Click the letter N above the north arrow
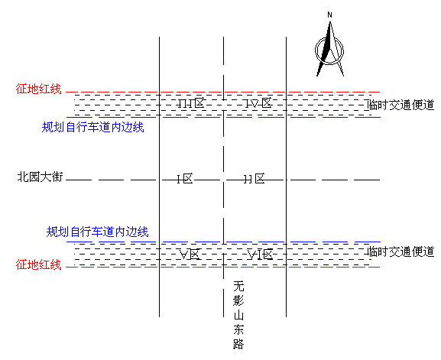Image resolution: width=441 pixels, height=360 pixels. pos(330,15)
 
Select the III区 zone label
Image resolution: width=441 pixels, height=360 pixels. pos(191,103)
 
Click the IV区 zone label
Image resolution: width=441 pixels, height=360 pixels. pos(258,103)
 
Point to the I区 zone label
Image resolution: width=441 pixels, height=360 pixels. pos(185,179)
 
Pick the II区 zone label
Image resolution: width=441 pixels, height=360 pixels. pos(255,179)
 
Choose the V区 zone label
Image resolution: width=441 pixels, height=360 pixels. pos(190,255)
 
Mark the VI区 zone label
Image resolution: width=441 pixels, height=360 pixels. pos(260,255)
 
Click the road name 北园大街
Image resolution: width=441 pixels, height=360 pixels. pos(40,177)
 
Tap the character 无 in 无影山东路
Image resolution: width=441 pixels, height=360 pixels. pos(238,286)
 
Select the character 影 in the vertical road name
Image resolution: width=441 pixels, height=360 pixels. pos(238,300)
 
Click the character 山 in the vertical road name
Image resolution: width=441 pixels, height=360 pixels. pos(238,315)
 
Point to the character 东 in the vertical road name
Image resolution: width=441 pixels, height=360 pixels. pos(238,329)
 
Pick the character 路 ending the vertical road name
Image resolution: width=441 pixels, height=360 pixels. pos(238,344)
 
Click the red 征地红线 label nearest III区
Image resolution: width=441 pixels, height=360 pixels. pos(38,89)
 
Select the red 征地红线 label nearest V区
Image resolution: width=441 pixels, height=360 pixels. pos(38,265)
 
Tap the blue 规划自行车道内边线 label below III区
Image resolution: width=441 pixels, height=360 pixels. pos(92,127)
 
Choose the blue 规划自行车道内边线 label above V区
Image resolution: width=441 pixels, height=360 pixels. pos(97,232)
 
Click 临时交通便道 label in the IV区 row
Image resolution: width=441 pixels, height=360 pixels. pos(401,105)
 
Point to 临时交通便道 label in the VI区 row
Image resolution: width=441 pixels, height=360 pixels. pos(401,251)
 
